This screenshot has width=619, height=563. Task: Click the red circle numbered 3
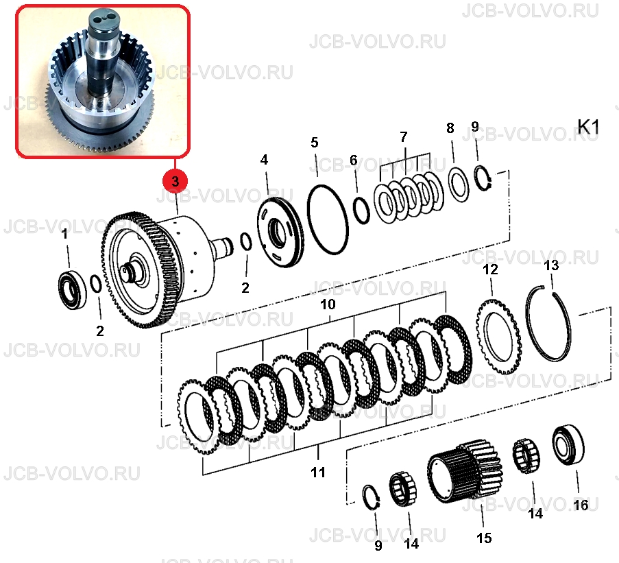(175, 181)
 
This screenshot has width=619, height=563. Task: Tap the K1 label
(588, 127)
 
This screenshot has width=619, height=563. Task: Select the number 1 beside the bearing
(64, 234)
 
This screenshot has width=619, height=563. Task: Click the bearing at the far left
(73, 289)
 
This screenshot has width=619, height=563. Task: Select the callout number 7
(403, 137)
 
